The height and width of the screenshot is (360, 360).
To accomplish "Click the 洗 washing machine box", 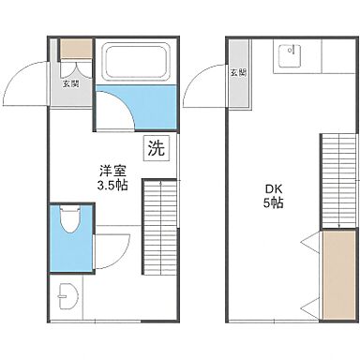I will pos(156,148).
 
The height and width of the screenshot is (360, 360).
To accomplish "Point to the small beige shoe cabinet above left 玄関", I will pos(75,50).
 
